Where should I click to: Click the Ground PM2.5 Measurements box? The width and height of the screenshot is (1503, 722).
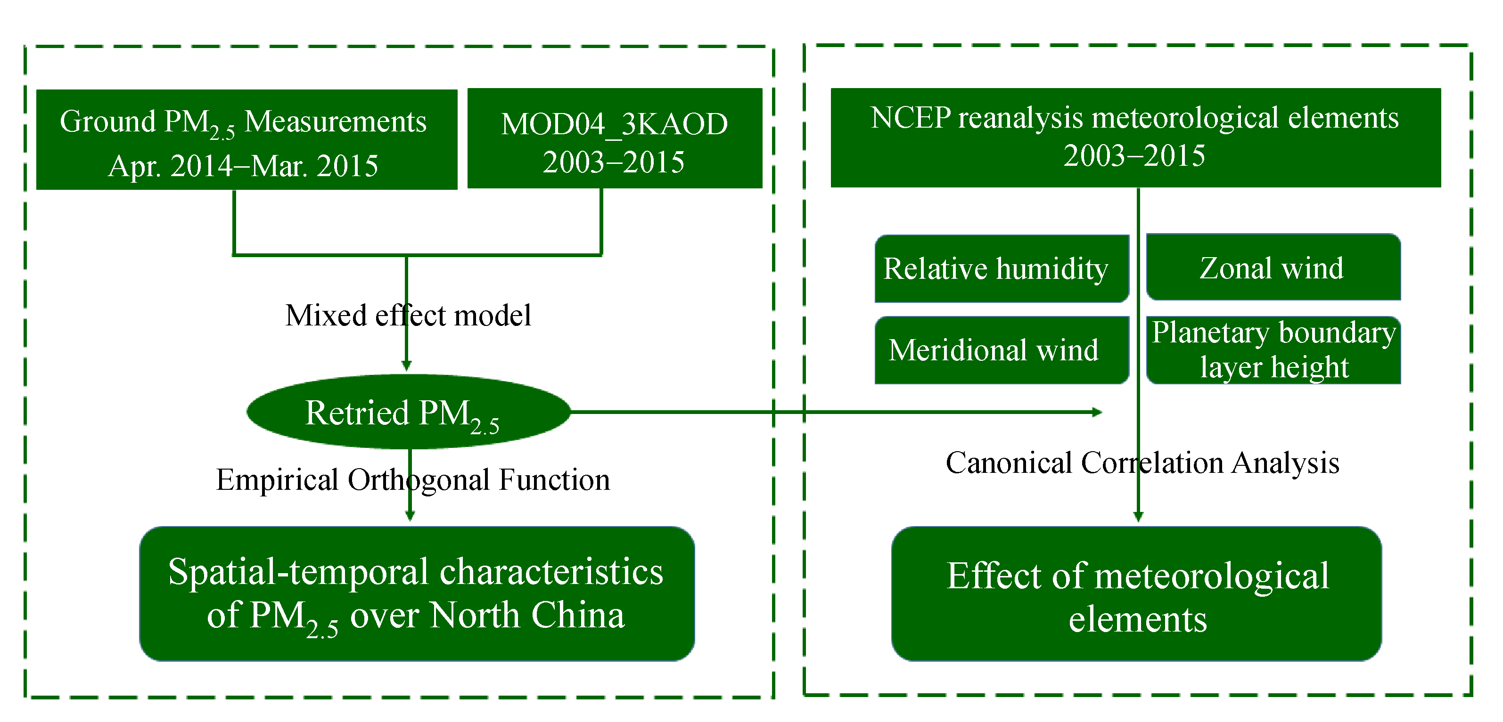pyautogui.click(x=246, y=139)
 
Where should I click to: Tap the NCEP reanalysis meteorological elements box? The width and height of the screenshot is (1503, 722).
pyautogui.click(x=1135, y=138)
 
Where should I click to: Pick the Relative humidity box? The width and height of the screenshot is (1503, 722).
pyautogui.click(x=1001, y=269)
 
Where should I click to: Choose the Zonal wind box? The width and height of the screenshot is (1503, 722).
pyautogui.click(x=1273, y=268)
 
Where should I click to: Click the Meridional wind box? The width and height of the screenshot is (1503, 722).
pyautogui.click(x=1001, y=350)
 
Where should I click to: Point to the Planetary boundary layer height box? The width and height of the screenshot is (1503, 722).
pyautogui.click(x=1273, y=350)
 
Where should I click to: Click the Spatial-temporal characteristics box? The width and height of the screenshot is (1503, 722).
pyautogui.click(x=417, y=594)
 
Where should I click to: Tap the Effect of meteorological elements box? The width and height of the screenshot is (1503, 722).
pyautogui.click(x=1137, y=594)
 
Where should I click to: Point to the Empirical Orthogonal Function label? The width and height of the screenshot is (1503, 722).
pyautogui.click(x=412, y=480)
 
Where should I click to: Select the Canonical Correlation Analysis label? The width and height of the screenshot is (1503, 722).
pyautogui.click(x=1142, y=463)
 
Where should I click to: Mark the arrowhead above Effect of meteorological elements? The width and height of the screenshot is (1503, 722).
pyautogui.click(x=1138, y=517)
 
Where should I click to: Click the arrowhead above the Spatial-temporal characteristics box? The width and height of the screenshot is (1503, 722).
pyautogui.click(x=410, y=516)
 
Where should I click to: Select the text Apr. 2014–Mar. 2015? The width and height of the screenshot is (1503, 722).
pyautogui.click(x=243, y=166)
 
